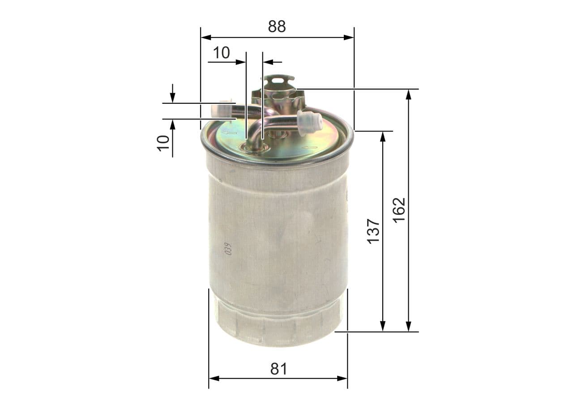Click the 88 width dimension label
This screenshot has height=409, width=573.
[277, 27]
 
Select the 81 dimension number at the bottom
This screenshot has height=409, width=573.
[278, 369]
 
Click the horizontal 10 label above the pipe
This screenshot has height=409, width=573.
[221, 53]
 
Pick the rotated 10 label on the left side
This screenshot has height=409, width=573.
[164, 143]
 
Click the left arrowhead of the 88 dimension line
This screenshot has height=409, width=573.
[205, 38]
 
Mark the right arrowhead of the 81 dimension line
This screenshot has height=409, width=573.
[342, 379]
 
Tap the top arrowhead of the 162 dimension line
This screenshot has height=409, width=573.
[408, 94]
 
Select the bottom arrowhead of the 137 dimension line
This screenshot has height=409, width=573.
[383, 326]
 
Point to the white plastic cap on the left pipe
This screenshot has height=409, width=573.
[222, 109]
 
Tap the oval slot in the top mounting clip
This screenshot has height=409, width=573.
[278, 81]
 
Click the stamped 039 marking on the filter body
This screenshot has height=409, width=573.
[228, 250]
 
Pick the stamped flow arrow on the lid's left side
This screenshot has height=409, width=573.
[230, 133]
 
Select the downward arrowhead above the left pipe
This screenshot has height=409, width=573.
[173, 98]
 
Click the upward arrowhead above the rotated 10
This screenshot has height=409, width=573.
[173, 124]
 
